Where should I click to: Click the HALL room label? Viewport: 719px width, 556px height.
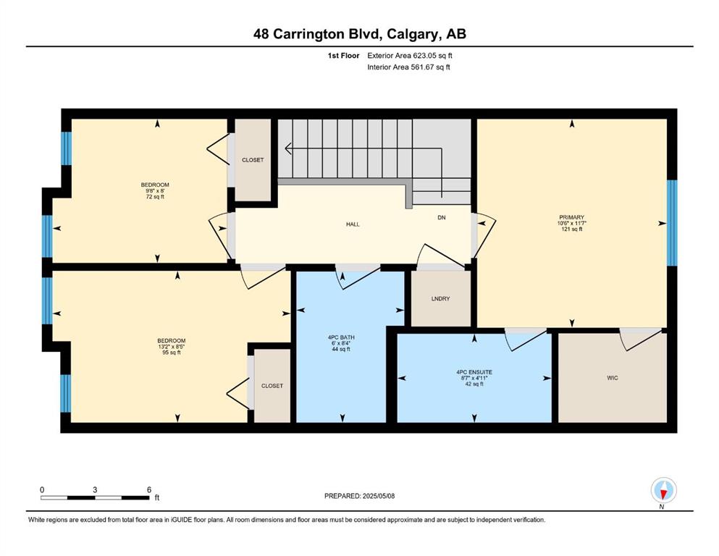[353, 224]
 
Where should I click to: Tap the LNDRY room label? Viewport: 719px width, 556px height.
[441, 298]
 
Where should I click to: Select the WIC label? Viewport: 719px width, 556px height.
[612, 378]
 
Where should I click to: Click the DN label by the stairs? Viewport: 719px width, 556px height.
[442, 217]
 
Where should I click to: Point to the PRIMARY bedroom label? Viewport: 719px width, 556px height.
[572, 217]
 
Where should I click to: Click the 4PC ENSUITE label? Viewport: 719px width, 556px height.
[474, 372]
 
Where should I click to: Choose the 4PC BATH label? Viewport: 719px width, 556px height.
[341, 337]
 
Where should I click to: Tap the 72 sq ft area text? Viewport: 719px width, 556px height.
[155, 197]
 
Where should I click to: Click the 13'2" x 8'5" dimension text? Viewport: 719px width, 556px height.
[172, 347]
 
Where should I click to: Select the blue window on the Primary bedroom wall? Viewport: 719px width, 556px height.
[672, 223]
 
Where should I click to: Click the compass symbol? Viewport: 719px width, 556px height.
[663, 490]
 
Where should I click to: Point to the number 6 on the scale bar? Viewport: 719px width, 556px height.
[149, 489]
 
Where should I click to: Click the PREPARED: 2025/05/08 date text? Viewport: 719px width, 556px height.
[359, 496]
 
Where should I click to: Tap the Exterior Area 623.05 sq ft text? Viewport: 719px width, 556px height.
[410, 56]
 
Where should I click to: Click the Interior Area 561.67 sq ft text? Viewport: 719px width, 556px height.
[408, 67]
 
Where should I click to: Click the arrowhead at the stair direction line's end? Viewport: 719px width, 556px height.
[288, 148]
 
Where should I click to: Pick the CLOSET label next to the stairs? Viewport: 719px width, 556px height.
[253, 160]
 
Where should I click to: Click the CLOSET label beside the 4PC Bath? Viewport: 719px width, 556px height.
[272, 386]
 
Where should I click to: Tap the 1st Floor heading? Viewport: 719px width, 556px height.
[343, 56]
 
